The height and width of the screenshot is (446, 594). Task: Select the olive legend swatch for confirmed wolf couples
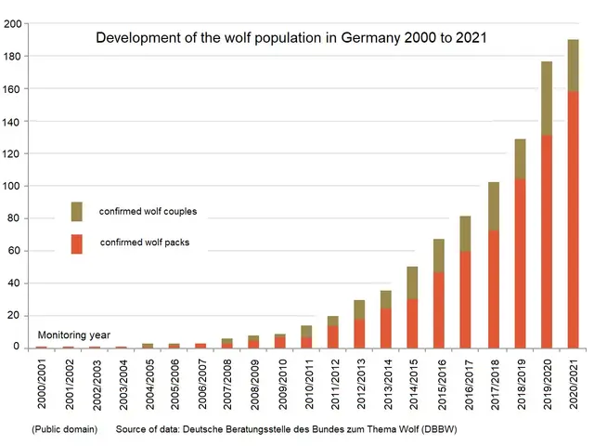point(76,211)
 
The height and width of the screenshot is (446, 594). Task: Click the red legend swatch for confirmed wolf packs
point(76,243)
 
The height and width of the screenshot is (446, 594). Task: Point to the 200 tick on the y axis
point(14,23)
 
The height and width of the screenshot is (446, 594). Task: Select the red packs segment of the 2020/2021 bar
point(573,246)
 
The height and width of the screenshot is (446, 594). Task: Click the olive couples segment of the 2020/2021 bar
point(573,65)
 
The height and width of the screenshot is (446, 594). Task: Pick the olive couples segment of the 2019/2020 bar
point(547,98)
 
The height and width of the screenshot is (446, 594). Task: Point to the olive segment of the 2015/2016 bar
point(440,256)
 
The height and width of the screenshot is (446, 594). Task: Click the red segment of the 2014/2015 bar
point(413,322)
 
